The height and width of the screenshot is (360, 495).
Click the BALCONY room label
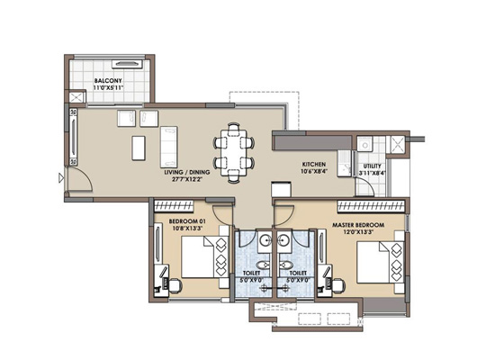[108, 81]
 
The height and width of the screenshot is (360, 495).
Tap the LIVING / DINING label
[187, 173]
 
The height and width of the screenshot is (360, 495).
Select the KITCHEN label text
[314, 165]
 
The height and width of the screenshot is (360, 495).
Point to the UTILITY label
[373, 166]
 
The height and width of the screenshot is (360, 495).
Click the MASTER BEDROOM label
[358, 225]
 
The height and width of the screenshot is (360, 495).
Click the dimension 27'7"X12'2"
[187, 179]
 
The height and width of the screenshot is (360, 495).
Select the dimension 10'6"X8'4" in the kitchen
[314, 172]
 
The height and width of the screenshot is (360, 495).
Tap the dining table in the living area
[234, 152]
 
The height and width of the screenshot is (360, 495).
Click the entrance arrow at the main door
[61, 178]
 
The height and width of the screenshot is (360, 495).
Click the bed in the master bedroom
[381, 262]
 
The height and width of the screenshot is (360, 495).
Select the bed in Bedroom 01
[204, 257]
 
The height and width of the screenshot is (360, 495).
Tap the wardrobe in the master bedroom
[371, 206]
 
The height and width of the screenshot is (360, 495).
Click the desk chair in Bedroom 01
[175, 285]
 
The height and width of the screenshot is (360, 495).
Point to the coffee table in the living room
[139, 148]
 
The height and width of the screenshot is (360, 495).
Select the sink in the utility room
[364, 145]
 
